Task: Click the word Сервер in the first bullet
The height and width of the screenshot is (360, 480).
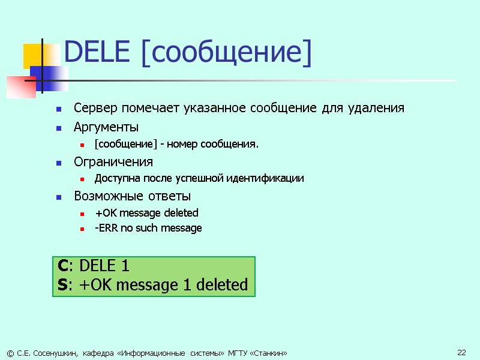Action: pos(95,109)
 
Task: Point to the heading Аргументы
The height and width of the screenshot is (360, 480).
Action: pos(106,127)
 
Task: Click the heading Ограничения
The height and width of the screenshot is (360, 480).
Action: pos(113,162)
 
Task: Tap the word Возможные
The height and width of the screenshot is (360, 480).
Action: pos(106,196)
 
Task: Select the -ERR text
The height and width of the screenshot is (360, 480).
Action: pos(105,228)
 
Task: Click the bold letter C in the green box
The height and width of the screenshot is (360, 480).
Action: pos(63,266)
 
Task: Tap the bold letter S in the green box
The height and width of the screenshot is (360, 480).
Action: pos(62,284)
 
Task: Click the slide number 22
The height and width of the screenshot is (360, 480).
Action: pos(461,352)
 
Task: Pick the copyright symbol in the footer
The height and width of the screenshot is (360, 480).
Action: pos(9,352)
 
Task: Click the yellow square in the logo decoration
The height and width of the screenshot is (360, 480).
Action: pos(33,56)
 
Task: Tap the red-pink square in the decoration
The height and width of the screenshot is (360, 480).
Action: pos(20,86)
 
